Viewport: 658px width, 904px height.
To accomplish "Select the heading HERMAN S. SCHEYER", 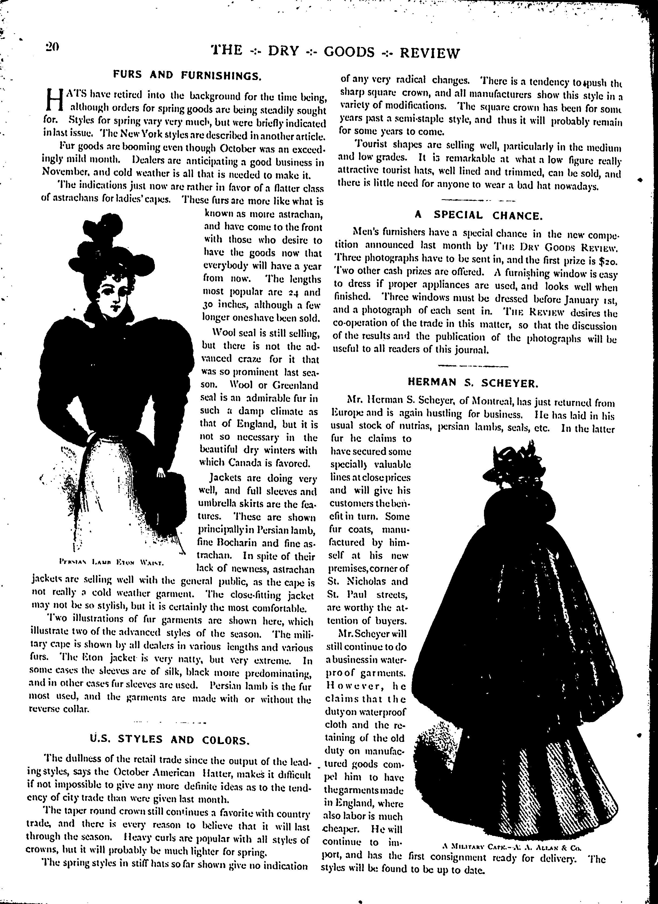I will click(473, 383).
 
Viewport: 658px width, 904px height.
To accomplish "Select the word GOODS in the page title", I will click(349, 52).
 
